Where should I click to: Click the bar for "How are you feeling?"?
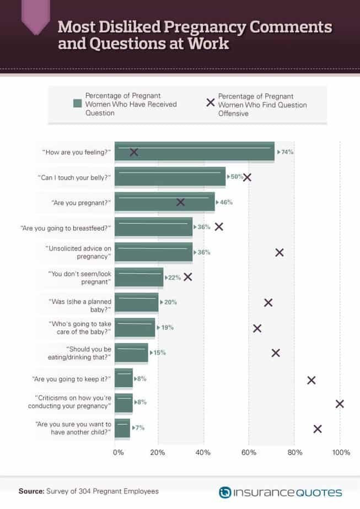coord(194,151)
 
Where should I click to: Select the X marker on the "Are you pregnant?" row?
coord(180,202)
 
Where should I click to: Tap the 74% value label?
coord(287,152)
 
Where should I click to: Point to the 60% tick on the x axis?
coord(249,452)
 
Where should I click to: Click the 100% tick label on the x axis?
coord(341,452)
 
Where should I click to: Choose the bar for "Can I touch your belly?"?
coord(170,177)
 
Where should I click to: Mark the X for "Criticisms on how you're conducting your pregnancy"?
coord(340,404)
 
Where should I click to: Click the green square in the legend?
coord(77,104)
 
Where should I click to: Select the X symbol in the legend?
coord(210,102)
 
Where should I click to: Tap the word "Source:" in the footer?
coord(31,491)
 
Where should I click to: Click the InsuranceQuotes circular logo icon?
coord(225,492)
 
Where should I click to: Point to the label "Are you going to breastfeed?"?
coord(66,228)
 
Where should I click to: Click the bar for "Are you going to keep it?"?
coord(123,378)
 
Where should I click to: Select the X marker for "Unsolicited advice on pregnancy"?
coord(280,252)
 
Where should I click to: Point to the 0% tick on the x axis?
coord(119,452)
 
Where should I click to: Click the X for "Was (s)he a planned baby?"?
coord(268,302)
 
